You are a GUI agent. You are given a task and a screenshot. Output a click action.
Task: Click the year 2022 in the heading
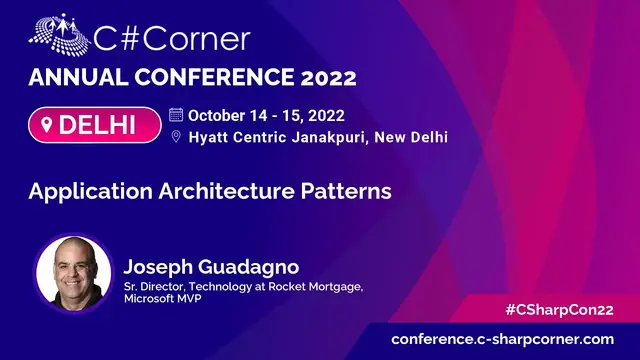click(x=323, y=78)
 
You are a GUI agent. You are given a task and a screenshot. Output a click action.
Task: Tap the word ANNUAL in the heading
click(x=75, y=78)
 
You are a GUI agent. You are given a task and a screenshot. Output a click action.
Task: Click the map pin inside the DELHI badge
click(x=46, y=126)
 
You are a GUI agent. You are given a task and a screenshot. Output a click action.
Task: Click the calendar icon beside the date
click(x=176, y=114)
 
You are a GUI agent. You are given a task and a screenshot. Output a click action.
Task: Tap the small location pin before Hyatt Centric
click(x=176, y=137)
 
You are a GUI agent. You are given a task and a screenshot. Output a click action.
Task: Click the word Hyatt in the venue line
click(x=212, y=137)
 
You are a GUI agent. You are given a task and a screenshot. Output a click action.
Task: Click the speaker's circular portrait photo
click(x=73, y=272)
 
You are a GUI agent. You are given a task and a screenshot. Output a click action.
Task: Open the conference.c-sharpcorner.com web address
click(x=502, y=340)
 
